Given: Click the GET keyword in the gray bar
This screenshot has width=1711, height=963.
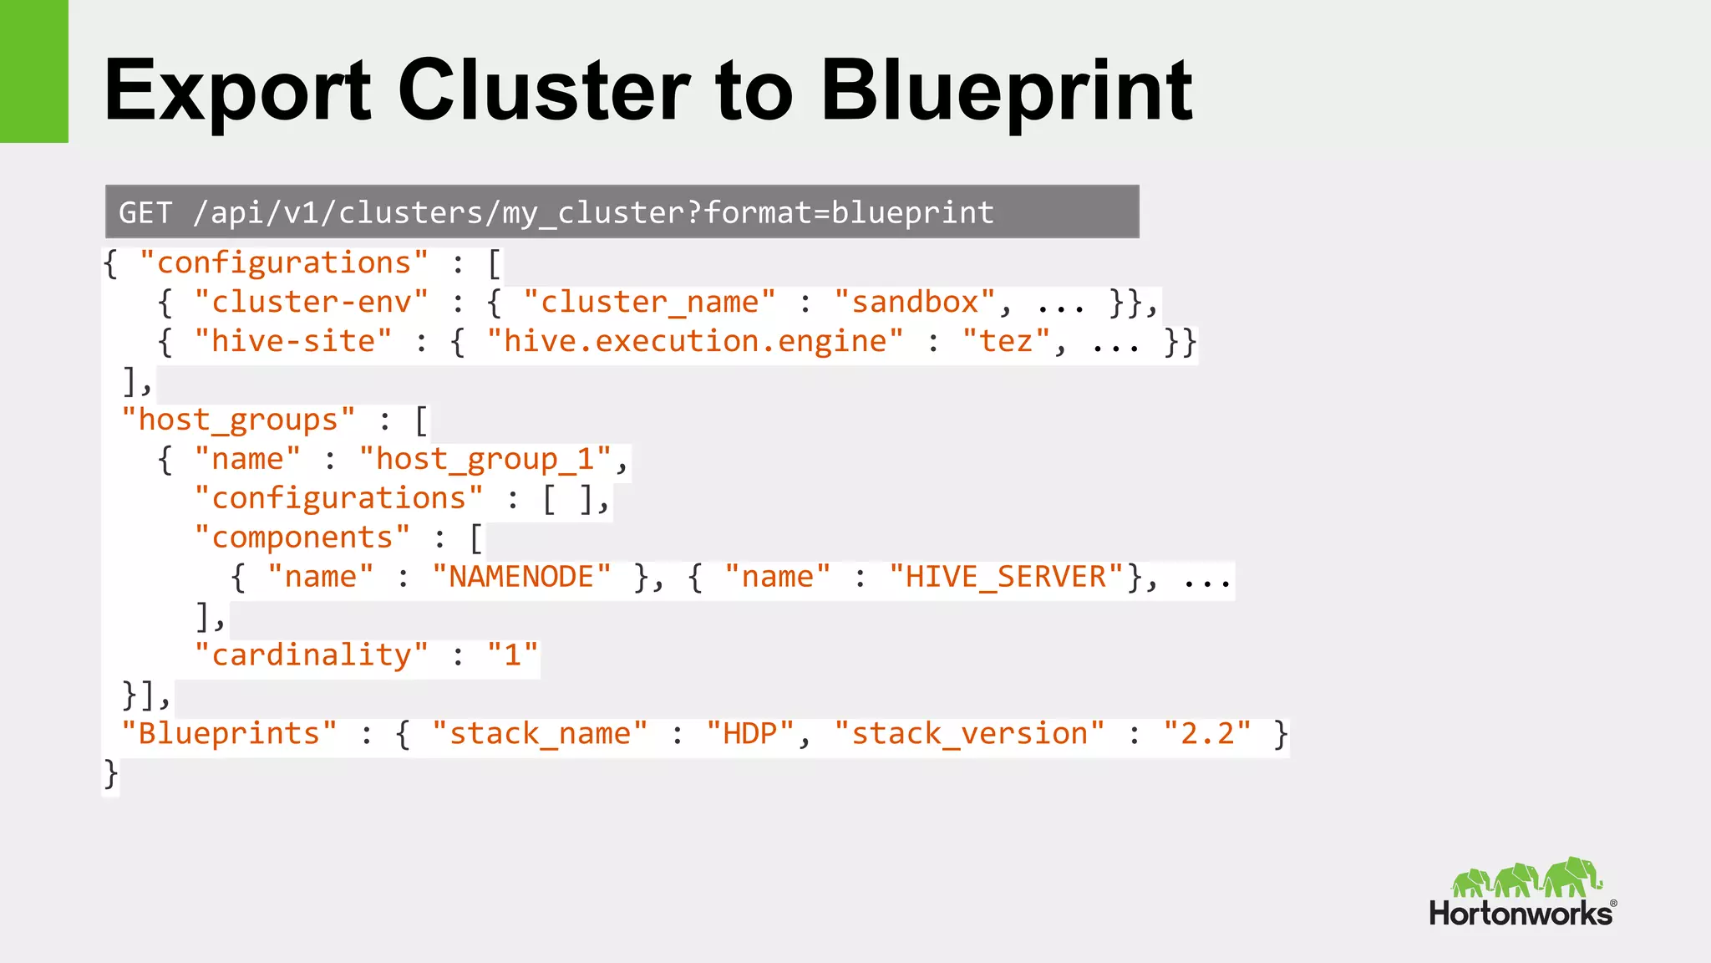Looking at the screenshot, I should point(145,212).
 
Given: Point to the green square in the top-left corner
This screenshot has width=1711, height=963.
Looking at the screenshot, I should point(33,71).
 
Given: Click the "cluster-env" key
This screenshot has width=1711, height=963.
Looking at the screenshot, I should point(311,302).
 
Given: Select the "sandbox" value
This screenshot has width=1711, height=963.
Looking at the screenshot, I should point(915,302).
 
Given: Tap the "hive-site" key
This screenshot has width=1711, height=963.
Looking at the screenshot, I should point(292,341).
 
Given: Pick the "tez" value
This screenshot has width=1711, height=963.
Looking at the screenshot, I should point(1006,341).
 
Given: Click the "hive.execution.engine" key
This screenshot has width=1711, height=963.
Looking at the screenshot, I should point(695,341).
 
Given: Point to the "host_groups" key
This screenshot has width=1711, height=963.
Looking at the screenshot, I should point(238,420).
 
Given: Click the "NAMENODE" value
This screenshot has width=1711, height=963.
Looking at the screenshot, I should point(521,577).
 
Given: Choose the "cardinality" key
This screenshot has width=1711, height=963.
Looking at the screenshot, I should point(311,655).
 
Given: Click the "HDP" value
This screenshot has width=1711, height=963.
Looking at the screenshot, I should point(749,733).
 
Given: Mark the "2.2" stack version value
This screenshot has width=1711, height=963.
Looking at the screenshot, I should point(1207,733).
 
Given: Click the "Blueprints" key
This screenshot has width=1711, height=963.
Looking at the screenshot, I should point(229,733).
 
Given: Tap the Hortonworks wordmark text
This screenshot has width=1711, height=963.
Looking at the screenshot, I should point(1521,913).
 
